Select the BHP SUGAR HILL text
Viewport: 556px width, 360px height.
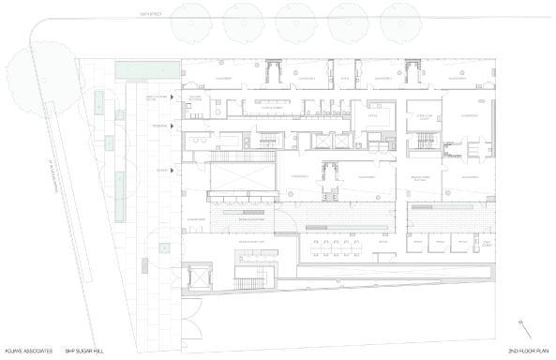point(86,351)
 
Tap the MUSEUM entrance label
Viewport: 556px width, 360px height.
point(162,170)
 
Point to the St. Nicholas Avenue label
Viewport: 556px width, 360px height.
point(38,141)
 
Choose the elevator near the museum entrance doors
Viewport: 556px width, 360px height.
point(197,277)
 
